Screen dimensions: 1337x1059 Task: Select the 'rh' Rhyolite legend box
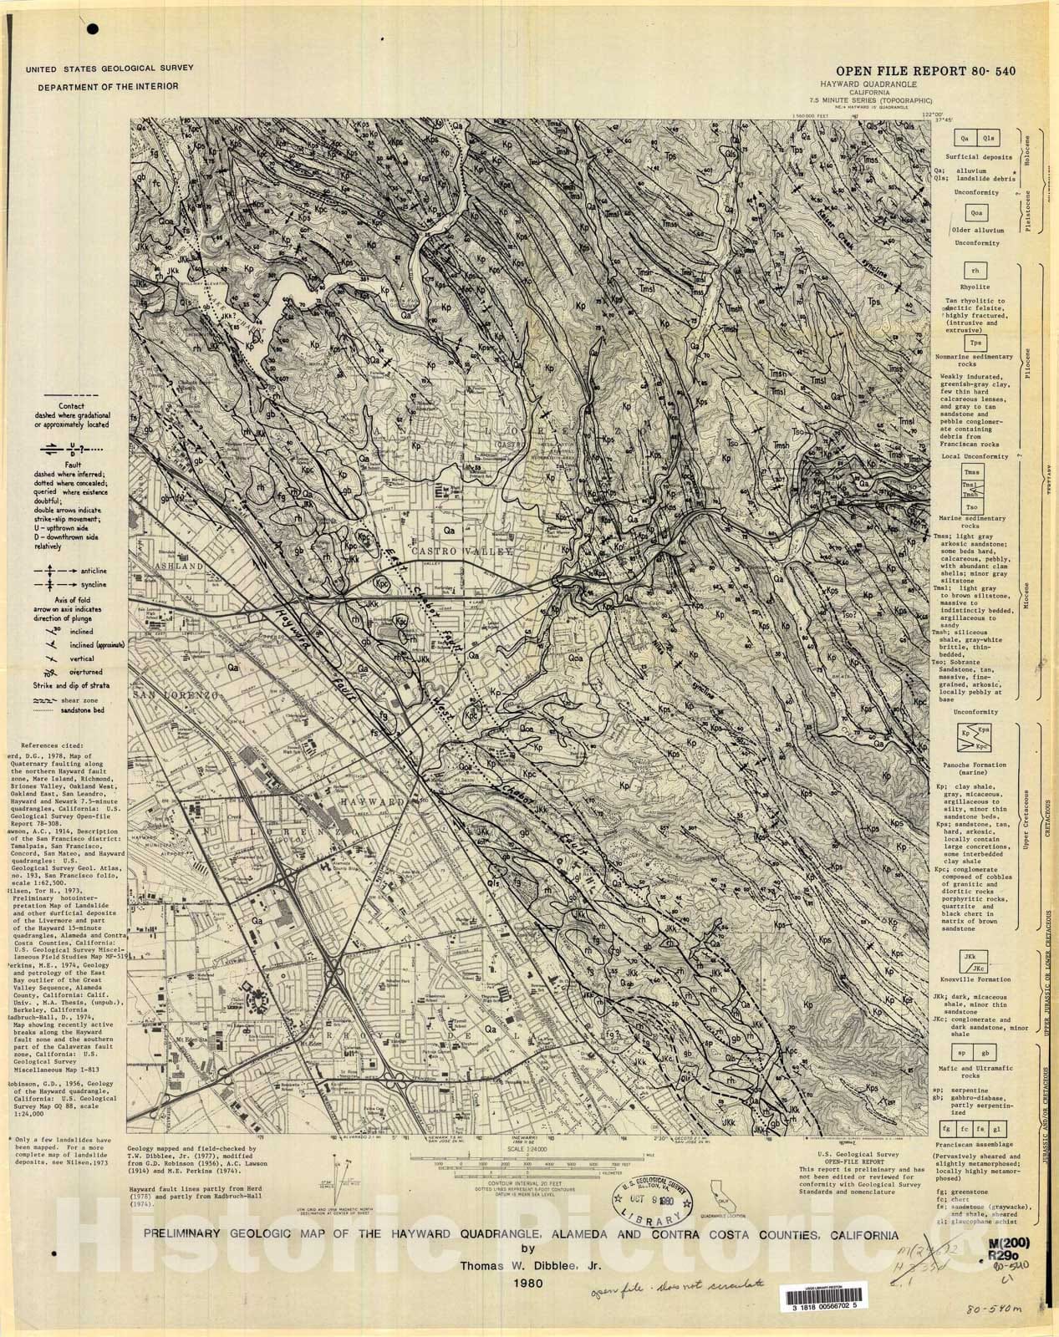(x=973, y=271)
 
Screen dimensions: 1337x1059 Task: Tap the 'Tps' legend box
(x=973, y=343)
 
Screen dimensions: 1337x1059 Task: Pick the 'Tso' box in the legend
(x=972, y=507)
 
